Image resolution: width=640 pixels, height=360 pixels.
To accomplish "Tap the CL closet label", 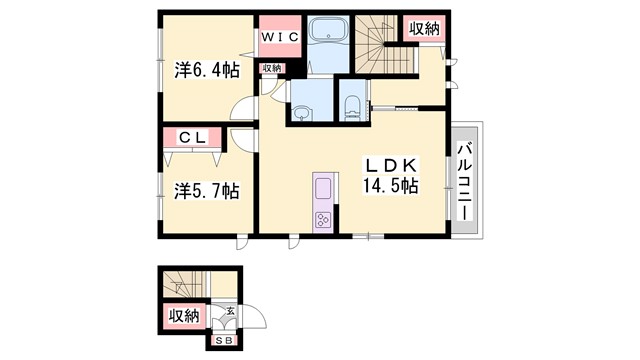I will [x=193, y=139].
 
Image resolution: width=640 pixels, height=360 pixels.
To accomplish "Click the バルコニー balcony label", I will [x=465, y=179].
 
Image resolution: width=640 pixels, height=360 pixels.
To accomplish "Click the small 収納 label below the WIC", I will [x=272, y=68].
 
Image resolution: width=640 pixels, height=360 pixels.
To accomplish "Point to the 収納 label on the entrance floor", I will [x=183, y=316].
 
